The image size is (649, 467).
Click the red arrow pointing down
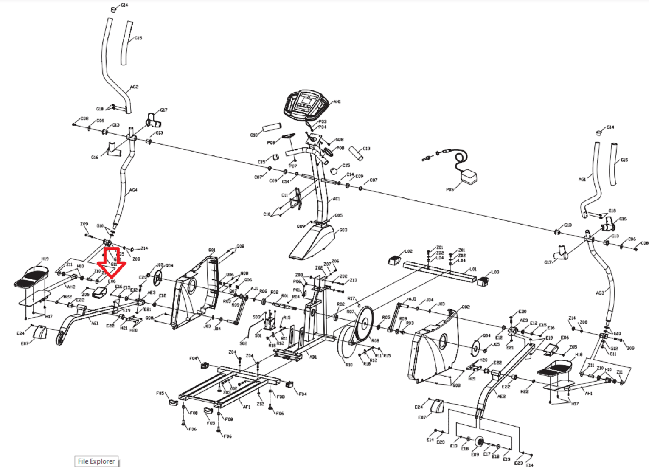coord(112,261)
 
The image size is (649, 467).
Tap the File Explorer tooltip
coord(96,461)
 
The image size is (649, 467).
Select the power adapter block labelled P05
coord(469,176)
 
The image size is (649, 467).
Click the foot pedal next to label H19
coord(32,276)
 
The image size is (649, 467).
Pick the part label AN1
coord(337,102)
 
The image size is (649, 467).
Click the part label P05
coord(450,190)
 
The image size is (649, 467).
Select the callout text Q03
coord(343,230)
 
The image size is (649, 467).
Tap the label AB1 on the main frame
coord(313,357)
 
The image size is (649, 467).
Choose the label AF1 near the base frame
coord(247,407)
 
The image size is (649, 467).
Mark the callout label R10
coord(348,365)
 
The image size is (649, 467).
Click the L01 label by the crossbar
coord(473,269)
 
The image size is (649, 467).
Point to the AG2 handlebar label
coord(134,87)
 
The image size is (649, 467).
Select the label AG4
coord(133,190)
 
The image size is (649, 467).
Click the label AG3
coord(599,293)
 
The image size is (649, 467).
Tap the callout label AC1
coord(336,199)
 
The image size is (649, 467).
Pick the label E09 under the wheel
coord(475,454)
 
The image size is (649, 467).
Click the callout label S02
coord(243,343)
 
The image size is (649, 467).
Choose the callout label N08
coord(339,139)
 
